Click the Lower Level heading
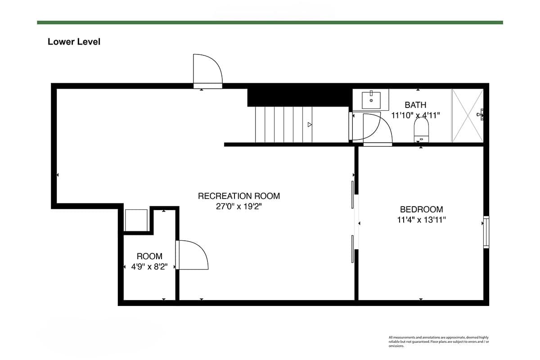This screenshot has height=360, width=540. pyautogui.click(x=74, y=42)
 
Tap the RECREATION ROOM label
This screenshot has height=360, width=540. pyautogui.click(x=239, y=196)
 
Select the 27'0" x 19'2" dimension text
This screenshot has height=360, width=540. pyautogui.click(x=238, y=207)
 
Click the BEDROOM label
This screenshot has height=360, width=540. pyautogui.click(x=421, y=209)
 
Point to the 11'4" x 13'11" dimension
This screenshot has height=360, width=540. pyautogui.click(x=421, y=220)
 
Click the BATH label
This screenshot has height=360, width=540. pyautogui.click(x=415, y=105)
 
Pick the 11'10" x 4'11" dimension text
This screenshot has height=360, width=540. pyautogui.click(x=415, y=116)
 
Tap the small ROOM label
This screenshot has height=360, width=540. pyautogui.click(x=149, y=256)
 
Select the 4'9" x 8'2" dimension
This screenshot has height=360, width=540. pyautogui.click(x=149, y=267)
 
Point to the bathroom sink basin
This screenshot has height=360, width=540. pyautogui.click(x=371, y=100)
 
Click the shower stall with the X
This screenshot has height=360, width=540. pyautogui.click(x=468, y=116)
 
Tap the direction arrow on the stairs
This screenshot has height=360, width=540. pyautogui.click(x=310, y=125)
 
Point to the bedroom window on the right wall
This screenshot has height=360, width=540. pyautogui.click(x=486, y=232)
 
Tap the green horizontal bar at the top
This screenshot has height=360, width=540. pyautogui.click(x=270, y=22)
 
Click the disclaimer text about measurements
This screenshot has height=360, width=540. pyautogui.click(x=439, y=342)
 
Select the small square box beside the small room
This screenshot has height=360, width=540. pyautogui.click(x=136, y=220)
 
